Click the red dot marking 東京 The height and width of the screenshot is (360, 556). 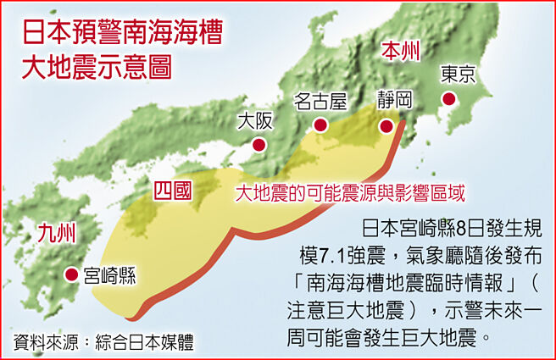pyautogui.click(x=449, y=100)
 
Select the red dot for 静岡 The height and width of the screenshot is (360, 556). pyautogui.click(x=386, y=127)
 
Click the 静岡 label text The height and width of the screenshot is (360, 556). pyautogui.click(x=395, y=100)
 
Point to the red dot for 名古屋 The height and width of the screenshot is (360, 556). pyautogui.click(x=320, y=125)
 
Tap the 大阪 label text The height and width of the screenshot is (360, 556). pyautogui.click(x=256, y=120)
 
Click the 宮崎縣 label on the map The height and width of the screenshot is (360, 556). pyautogui.click(x=110, y=274)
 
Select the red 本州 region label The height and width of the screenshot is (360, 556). pyautogui.click(x=400, y=51)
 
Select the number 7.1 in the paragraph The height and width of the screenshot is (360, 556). pyautogui.click(x=338, y=257)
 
